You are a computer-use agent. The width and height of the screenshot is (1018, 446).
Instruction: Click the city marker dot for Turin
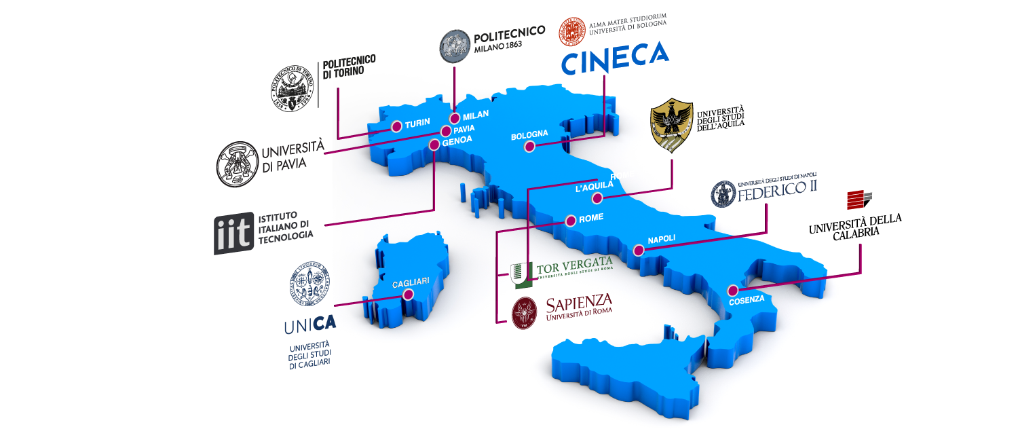pyautogui.click(x=396, y=126)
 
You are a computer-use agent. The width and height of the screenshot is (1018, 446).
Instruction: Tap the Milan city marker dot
pyautogui.click(x=455, y=118)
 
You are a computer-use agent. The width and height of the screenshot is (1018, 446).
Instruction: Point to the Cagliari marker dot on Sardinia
pyautogui.click(x=408, y=295)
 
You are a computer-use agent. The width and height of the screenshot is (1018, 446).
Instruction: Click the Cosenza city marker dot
pyautogui.click(x=731, y=288)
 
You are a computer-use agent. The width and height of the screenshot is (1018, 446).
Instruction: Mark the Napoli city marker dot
pyautogui.click(x=638, y=250)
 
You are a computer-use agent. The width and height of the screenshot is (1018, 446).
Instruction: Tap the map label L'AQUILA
pyautogui.click(x=594, y=188)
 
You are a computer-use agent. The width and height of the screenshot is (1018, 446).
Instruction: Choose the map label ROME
pyautogui.click(x=590, y=218)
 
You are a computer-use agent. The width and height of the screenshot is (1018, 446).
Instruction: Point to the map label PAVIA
pyautogui.click(x=464, y=128)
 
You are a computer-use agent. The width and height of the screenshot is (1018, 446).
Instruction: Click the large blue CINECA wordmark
pyautogui.click(x=614, y=58)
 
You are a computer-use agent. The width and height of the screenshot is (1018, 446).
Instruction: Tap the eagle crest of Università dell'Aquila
pyautogui.click(x=671, y=128)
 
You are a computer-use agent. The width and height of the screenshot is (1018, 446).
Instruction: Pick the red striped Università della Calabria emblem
pyautogui.click(x=859, y=200)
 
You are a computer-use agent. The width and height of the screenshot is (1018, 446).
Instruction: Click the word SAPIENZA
pyautogui.click(x=580, y=301)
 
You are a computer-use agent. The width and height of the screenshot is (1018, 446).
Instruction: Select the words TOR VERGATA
pyautogui.click(x=574, y=266)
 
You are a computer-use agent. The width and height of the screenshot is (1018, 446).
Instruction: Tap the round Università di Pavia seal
pyautogui.click(x=237, y=164)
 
